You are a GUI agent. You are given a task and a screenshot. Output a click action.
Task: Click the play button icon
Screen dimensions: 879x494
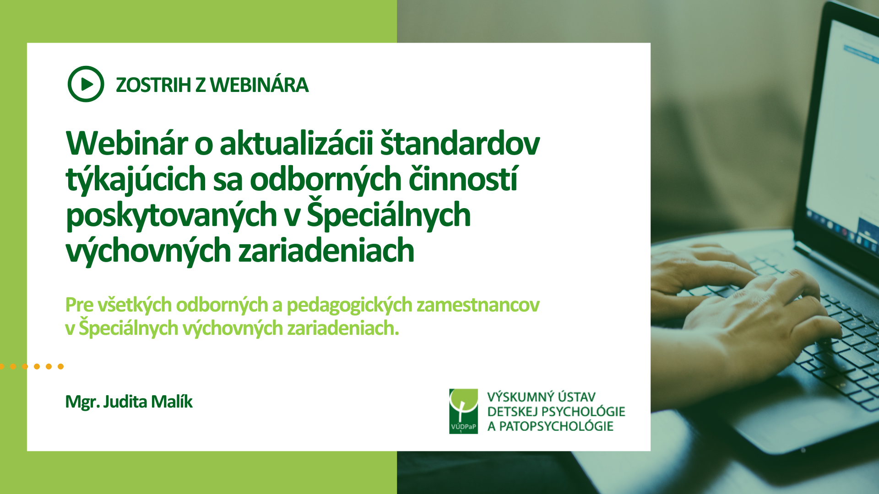(x=86, y=84)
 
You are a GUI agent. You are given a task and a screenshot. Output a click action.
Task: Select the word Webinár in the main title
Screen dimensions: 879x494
(x=127, y=144)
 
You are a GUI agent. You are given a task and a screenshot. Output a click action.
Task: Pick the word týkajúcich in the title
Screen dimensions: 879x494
(x=136, y=179)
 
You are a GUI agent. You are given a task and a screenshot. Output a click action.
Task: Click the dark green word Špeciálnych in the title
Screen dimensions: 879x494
(x=389, y=214)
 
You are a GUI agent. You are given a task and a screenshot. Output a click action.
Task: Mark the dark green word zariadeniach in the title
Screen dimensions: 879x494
(x=326, y=251)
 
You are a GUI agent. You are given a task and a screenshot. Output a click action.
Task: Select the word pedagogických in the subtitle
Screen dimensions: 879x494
(x=349, y=305)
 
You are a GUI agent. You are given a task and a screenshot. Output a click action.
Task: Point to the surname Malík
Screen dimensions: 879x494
(x=172, y=402)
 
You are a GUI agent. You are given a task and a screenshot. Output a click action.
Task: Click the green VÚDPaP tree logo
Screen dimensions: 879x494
(x=463, y=411)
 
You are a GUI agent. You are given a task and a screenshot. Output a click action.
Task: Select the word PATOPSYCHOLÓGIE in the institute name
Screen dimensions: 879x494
(x=556, y=426)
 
